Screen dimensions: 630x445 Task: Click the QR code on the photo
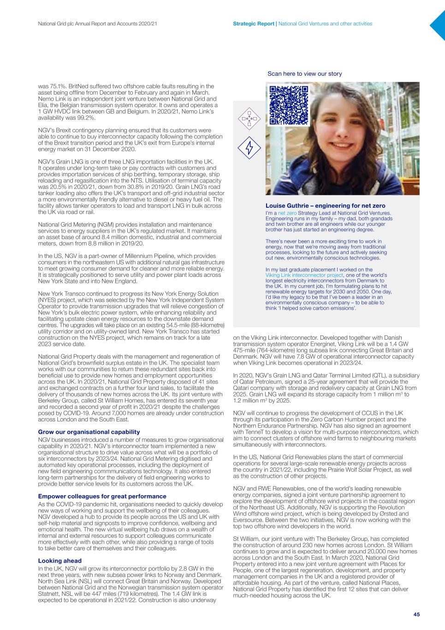(x=288, y=105)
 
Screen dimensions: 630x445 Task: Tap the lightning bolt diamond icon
(x=249, y=149)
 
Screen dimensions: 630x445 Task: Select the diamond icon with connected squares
(x=249, y=119)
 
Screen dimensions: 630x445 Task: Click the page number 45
(x=416, y=614)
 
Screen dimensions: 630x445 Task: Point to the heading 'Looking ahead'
(x=59, y=561)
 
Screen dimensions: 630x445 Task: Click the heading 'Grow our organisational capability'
(x=89, y=432)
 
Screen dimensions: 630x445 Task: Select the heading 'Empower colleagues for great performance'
(x=102, y=496)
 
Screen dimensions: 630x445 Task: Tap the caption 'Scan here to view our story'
(x=305, y=74)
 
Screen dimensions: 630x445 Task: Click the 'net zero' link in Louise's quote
(x=287, y=213)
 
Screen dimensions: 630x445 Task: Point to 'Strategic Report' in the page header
(x=254, y=24)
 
